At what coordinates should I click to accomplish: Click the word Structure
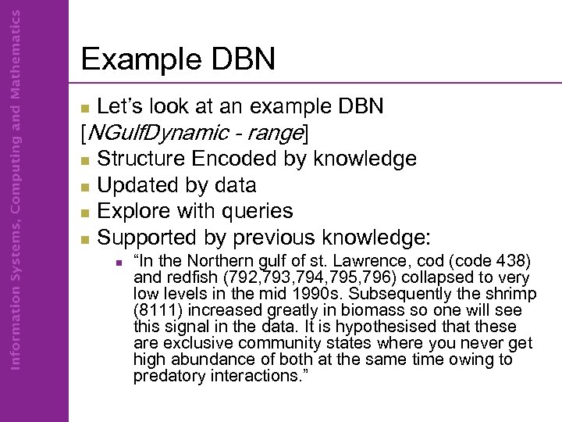click(141, 159)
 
